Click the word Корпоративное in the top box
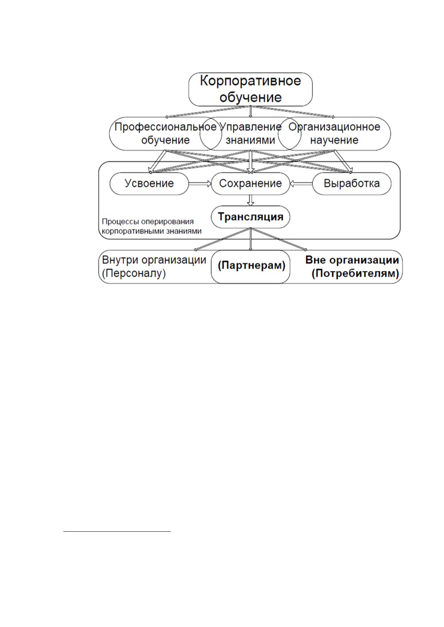point(250,81)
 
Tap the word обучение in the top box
point(250,98)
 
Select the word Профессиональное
point(166,127)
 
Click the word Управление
point(251,127)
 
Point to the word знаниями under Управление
point(250,140)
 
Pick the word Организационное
point(334,127)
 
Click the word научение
point(334,140)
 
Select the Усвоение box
point(149,184)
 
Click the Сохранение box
point(250,184)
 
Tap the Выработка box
point(352,184)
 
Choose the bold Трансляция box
point(250,217)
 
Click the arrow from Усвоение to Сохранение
point(200,184)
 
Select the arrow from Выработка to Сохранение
point(301,184)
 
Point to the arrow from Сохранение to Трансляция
point(251,200)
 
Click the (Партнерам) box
point(250,267)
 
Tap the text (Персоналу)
point(134,273)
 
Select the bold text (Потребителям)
point(355,273)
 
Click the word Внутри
point(120,260)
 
